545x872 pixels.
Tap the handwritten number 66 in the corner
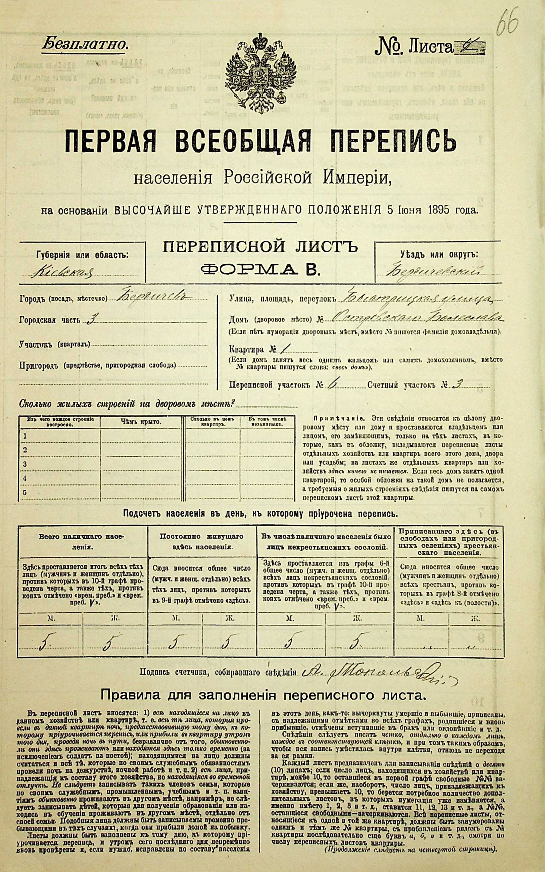[507, 24]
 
